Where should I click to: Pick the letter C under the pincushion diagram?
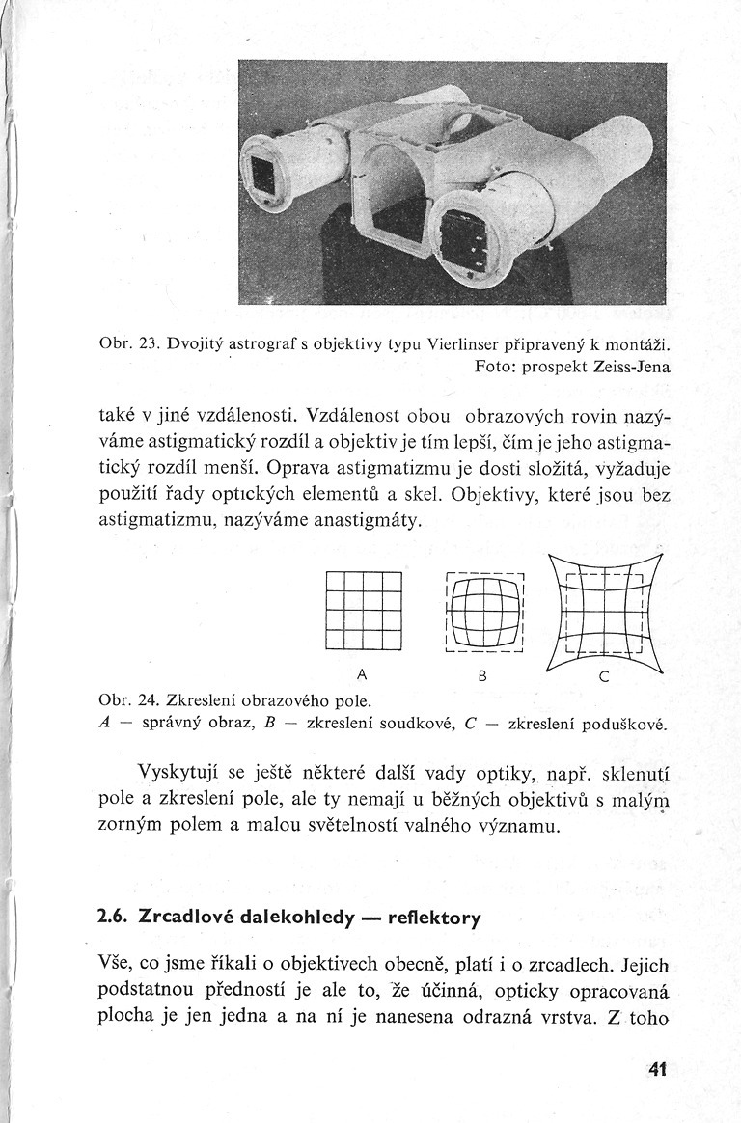(x=603, y=677)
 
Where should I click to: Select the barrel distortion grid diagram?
(x=485, y=614)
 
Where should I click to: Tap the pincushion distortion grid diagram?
(x=604, y=614)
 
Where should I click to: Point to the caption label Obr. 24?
(x=123, y=698)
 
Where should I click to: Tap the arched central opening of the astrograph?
(x=397, y=198)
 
